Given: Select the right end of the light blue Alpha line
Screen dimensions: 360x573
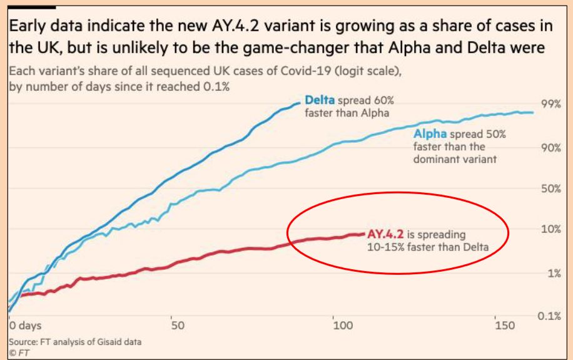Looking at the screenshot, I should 533,113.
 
